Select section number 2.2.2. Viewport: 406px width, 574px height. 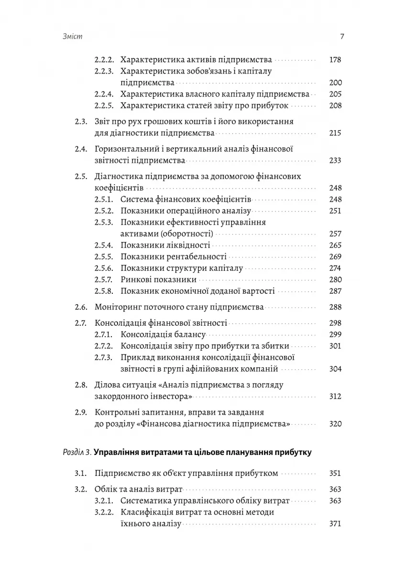coord(103,60)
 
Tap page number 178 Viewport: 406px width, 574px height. coord(335,60)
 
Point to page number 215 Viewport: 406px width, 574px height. coord(335,133)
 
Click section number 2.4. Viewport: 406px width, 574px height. coord(81,149)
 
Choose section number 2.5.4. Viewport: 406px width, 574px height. coord(103,245)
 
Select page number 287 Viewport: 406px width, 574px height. coord(335,291)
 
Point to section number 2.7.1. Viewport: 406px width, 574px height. coord(103,335)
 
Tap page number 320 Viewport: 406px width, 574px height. coord(335,424)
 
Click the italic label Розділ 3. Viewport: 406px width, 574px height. coord(77,452)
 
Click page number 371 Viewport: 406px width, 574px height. coord(335,524)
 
